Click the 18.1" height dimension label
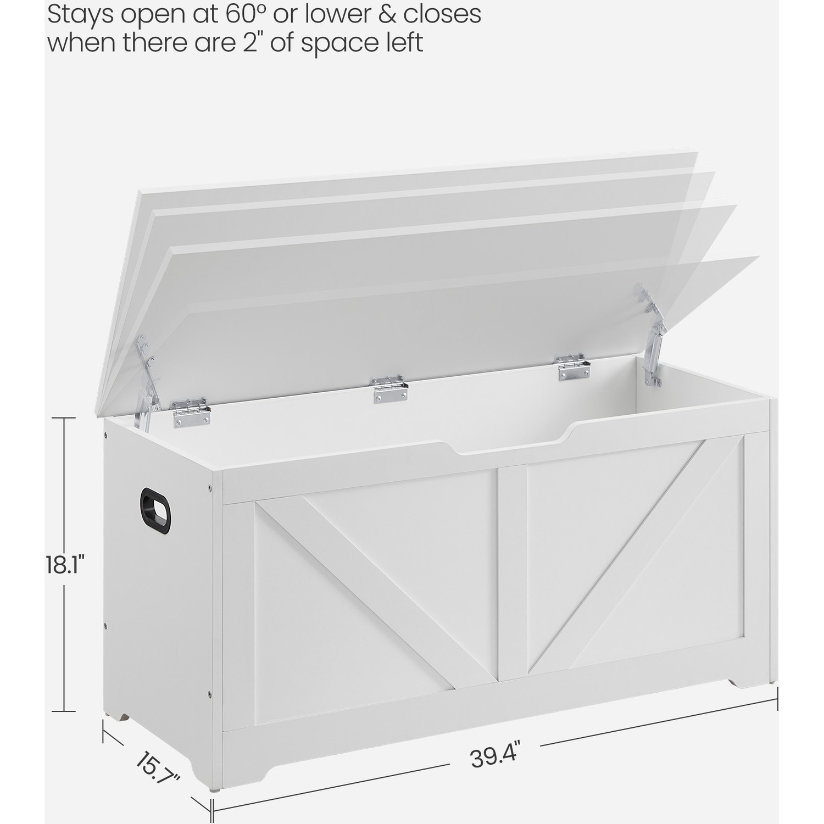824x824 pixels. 65,565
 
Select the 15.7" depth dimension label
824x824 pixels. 157,769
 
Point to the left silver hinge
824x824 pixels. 191,413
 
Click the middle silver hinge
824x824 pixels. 389,389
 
